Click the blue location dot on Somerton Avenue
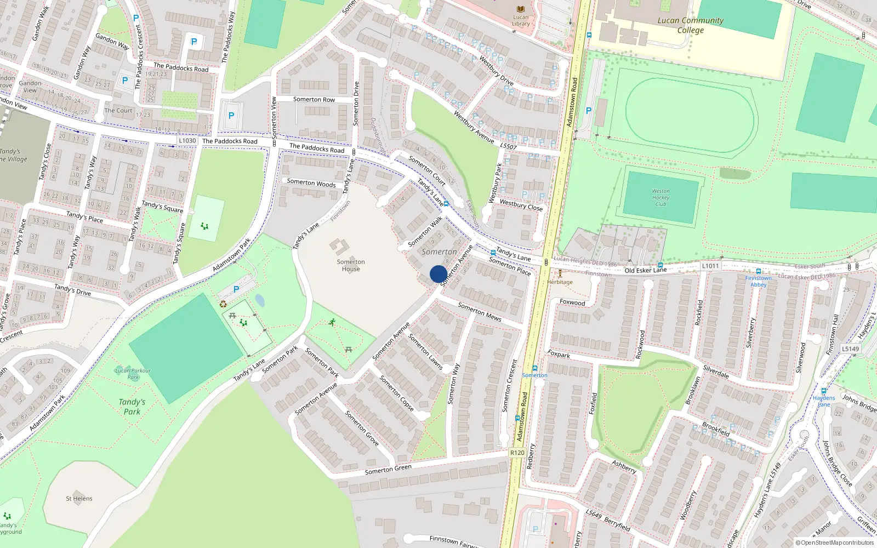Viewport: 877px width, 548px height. click(438, 274)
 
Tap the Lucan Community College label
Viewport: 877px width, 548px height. click(690, 25)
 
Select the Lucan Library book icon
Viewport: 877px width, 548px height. click(521, 9)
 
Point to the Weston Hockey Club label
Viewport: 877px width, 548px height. click(660, 198)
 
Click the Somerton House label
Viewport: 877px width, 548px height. click(351, 265)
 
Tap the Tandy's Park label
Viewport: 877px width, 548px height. click(132, 407)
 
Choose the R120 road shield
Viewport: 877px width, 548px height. click(517, 453)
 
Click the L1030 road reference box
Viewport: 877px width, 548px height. click(187, 141)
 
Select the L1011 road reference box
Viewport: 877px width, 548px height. click(710, 266)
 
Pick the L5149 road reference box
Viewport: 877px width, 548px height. click(850, 349)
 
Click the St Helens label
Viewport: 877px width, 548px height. click(79, 499)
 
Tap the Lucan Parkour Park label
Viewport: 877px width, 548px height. click(133, 374)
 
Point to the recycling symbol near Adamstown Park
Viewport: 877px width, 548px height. click(223, 304)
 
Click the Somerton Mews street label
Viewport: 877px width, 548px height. click(480, 312)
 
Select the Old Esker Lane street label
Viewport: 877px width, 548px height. click(646, 270)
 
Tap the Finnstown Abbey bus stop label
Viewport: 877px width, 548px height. click(758, 281)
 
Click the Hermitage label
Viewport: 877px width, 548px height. click(560, 282)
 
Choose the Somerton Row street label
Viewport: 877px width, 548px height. click(314, 100)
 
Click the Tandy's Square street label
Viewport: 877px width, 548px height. click(162, 207)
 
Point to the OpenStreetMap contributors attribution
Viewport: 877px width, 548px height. click(834, 543)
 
